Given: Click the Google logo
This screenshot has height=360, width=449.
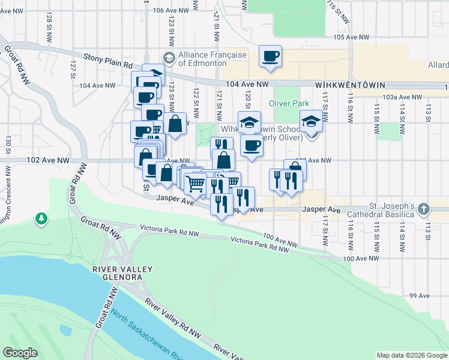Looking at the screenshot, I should coord(20,353).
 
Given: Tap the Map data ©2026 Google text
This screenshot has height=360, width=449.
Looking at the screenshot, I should coord(412,355).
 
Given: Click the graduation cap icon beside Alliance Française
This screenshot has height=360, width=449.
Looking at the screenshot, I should coord(169,58).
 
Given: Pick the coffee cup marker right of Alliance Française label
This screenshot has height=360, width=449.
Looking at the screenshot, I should coord(270,57).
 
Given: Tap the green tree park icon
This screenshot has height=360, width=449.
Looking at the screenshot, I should coord(41,217).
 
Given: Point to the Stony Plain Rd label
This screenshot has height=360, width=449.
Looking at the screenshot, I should coord(107,60).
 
